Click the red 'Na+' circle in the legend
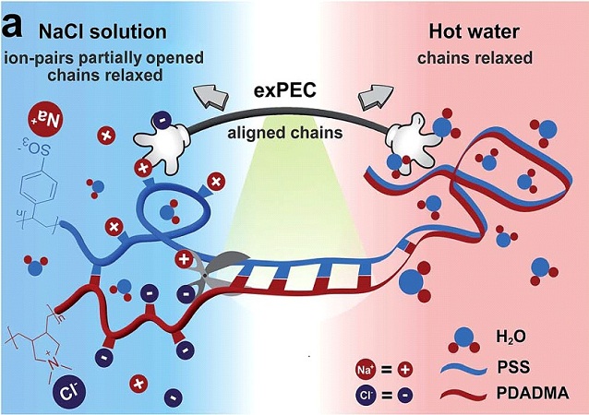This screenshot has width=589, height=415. (364, 370)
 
